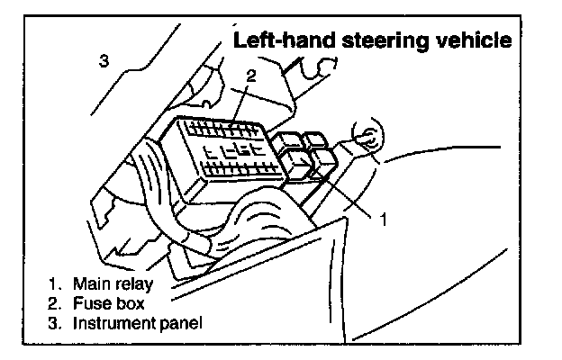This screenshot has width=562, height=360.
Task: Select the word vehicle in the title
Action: point(476,40)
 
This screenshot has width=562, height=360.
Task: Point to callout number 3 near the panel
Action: point(104,61)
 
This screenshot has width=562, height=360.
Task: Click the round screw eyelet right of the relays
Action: point(367,139)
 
